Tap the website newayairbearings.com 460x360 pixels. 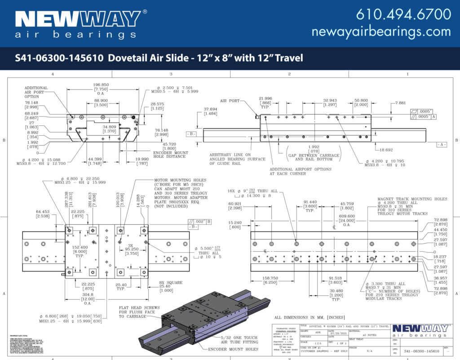pyautogui.click(x=381, y=32)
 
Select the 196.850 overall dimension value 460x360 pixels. pyautogui.click(x=101, y=84)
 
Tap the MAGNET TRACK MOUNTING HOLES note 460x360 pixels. pyautogui.click(x=412, y=199)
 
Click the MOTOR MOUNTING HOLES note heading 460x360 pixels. pyautogui.click(x=177, y=179)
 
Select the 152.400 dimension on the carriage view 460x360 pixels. pyautogui.click(x=80, y=247)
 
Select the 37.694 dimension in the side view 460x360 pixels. pyautogui.click(x=210, y=109)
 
